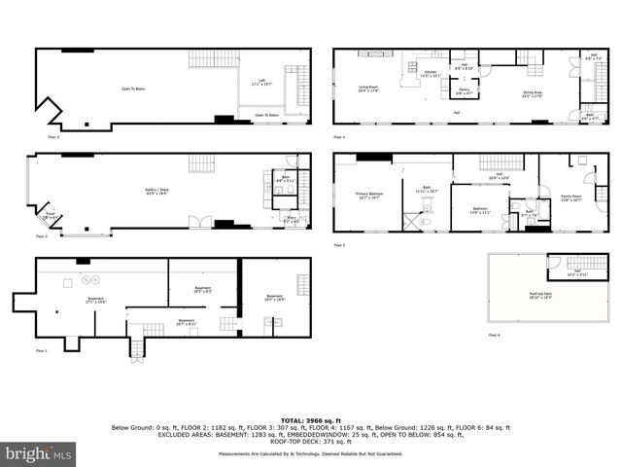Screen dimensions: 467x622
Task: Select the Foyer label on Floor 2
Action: [50, 216]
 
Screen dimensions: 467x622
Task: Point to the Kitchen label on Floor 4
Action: [429, 74]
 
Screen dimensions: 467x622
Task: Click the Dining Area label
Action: [532, 93]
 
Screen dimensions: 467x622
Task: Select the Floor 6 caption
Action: [495, 334]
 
